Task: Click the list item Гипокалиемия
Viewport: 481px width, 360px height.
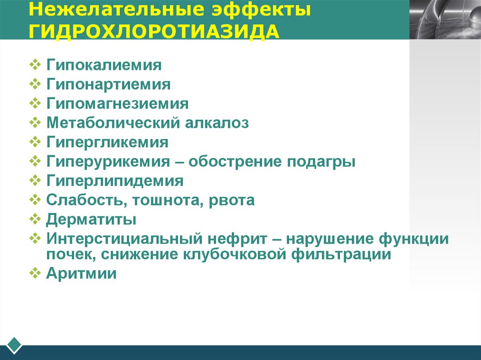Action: [x=104, y=65]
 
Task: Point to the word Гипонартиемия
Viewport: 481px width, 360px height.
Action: [x=108, y=84]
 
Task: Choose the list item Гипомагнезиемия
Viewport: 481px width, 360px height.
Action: [x=117, y=104]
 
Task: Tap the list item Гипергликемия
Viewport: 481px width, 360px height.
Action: [x=107, y=142]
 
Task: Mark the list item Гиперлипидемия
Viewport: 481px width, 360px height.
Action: [x=115, y=181]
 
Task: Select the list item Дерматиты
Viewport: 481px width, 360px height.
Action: [x=91, y=220]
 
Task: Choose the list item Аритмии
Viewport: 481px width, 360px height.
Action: [x=81, y=274]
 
